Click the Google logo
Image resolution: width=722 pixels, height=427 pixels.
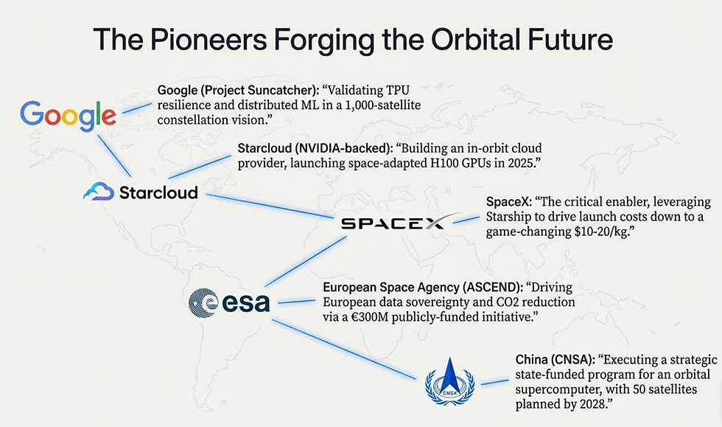[68, 115]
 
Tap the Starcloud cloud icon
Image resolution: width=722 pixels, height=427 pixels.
[98, 192]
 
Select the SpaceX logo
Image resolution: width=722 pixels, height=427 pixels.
[393, 222]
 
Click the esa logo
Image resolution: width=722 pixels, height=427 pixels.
[229, 302]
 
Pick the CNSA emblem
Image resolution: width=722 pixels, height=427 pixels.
[450, 380]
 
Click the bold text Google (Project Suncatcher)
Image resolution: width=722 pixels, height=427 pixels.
[237, 91]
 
